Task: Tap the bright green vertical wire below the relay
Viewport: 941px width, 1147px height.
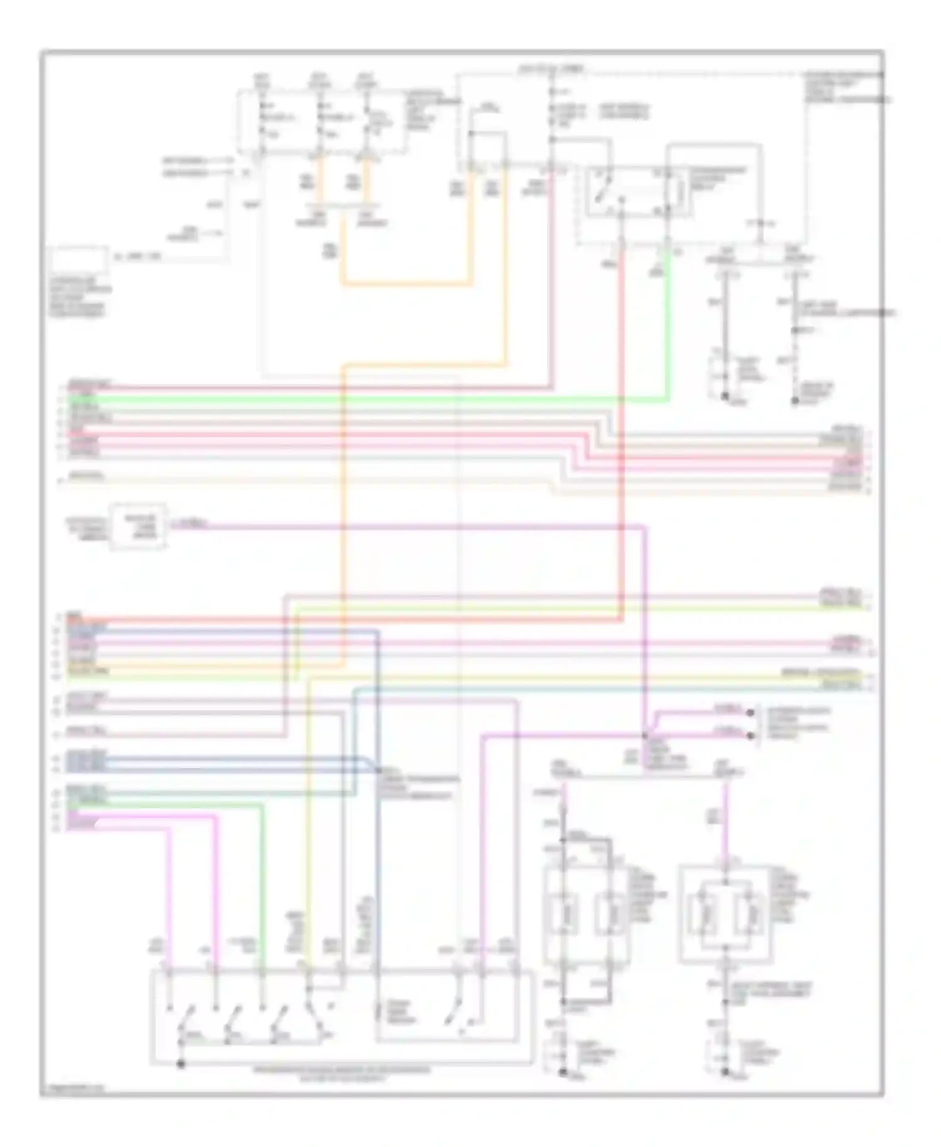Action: point(668,326)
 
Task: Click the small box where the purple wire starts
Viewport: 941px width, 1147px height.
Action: point(139,526)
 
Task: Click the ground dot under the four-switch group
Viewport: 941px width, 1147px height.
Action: point(181,1064)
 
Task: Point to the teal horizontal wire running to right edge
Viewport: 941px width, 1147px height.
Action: point(615,689)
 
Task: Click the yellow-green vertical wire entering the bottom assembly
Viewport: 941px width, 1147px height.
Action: point(307,847)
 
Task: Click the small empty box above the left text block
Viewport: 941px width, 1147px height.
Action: point(78,260)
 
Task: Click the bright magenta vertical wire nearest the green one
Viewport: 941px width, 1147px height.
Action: point(216,891)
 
